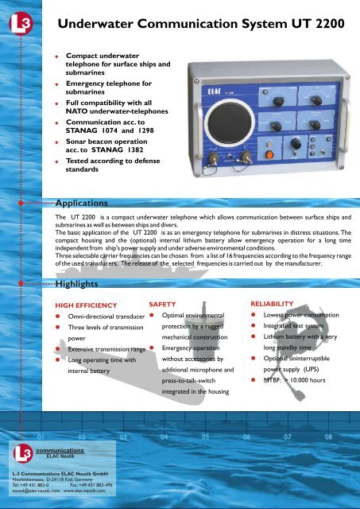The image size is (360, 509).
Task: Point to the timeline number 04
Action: pos(164,437)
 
